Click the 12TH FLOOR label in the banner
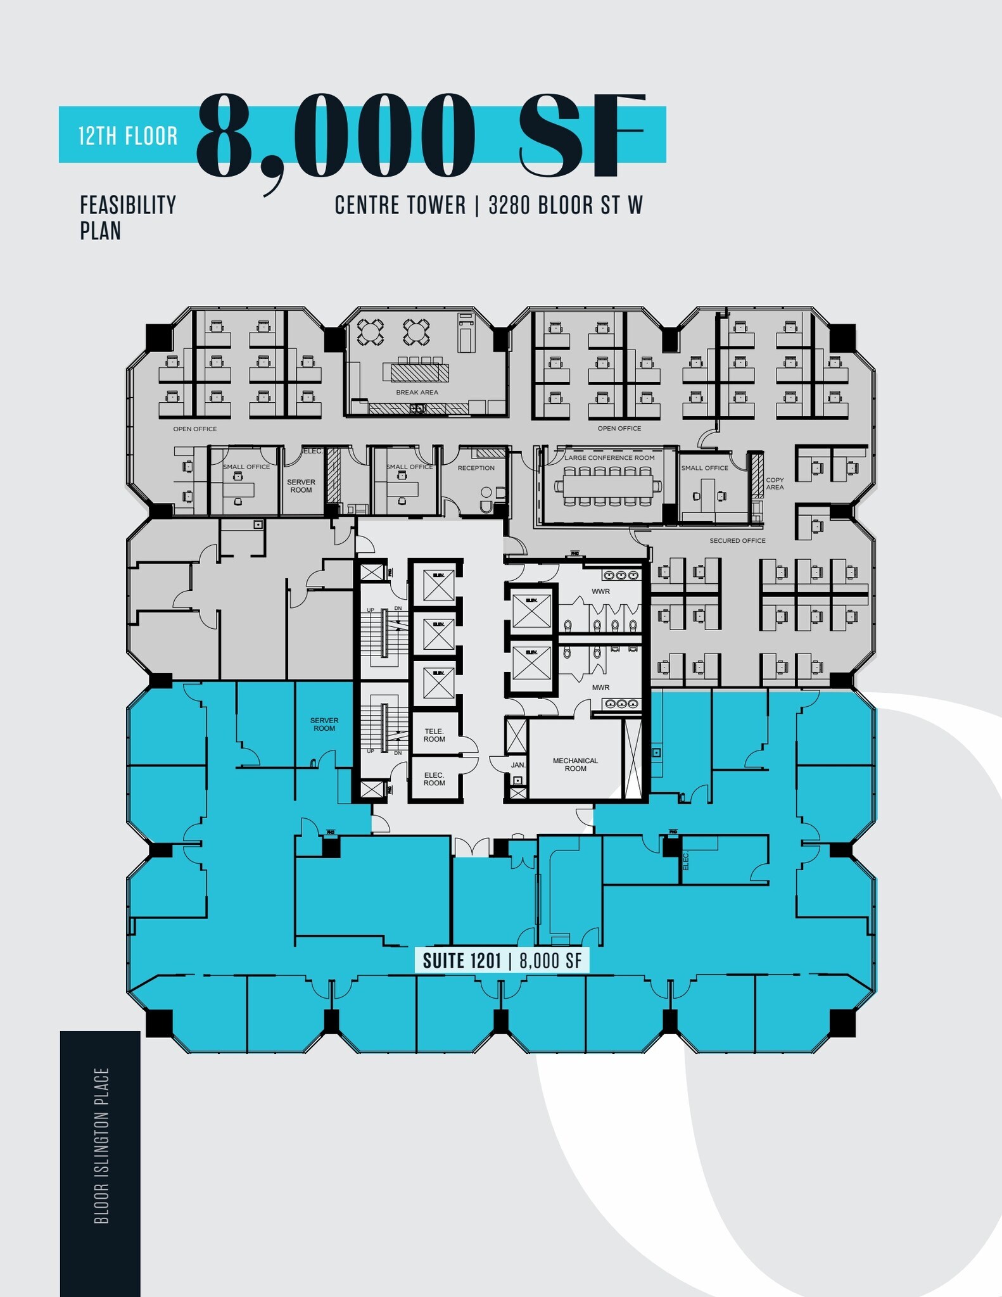pyautogui.click(x=128, y=136)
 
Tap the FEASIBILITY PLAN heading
pyautogui.click(x=127, y=217)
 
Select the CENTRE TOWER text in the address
pyautogui.click(x=400, y=205)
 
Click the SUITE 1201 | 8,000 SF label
pyautogui.click(x=502, y=961)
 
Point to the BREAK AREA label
pyautogui.click(x=417, y=393)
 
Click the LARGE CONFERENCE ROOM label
pyautogui.click(x=609, y=458)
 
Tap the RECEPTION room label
pyautogui.click(x=476, y=468)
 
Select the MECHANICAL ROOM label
pyautogui.click(x=574, y=764)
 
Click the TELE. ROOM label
pyautogui.click(x=434, y=735)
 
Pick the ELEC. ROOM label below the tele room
pyautogui.click(x=434, y=779)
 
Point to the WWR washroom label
pyautogui.click(x=600, y=592)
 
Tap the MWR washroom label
pyautogui.click(x=600, y=687)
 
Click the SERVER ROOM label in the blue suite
pyautogui.click(x=324, y=724)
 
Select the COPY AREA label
pyautogui.click(x=774, y=483)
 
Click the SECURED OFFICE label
pyautogui.click(x=737, y=541)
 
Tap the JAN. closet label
pyautogui.click(x=517, y=765)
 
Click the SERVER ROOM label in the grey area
pyautogui.click(x=301, y=486)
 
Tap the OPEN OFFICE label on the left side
pyautogui.click(x=194, y=429)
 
